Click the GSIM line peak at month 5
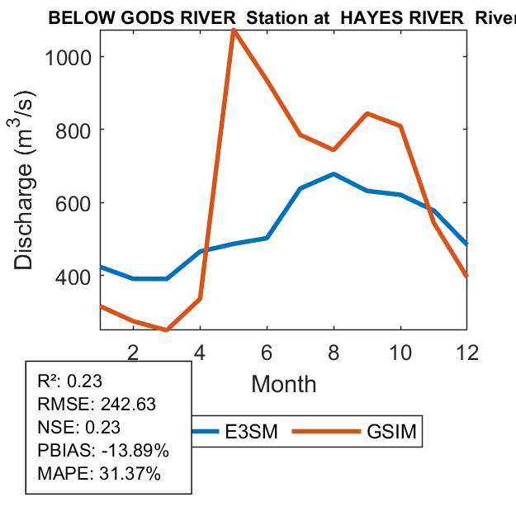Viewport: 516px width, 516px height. pyautogui.click(x=234, y=31)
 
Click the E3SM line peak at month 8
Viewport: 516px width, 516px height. pyautogui.click(x=334, y=174)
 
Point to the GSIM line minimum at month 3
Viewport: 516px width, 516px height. pyautogui.click(x=167, y=330)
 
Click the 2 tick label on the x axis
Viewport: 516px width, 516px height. pyautogui.click(x=133, y=352)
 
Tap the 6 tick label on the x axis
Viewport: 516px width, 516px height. pyautogui.click(x=267, y=352)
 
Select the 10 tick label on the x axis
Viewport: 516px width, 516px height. pyautogui.click(x=400, y=352)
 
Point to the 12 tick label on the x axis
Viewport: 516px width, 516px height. pyautogui.click(x=467, y=352)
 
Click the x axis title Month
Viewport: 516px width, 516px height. pyautogui.click(x=283, y=384)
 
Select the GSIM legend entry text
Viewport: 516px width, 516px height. pyautogui.click(x=395, y=431)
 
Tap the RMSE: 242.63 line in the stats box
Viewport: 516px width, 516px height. pyautogui.click(x=97, y=405)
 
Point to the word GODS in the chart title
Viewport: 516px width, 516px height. pyautogui.click(x=135, y=18)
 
